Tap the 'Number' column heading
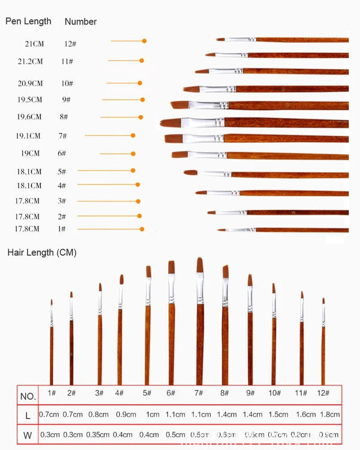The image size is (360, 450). point(80,22)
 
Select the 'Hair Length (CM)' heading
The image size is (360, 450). point(42,253)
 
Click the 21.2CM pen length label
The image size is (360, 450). point(30,61)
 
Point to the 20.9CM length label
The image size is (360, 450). point(30,83)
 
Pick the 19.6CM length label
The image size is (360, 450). point(29,117)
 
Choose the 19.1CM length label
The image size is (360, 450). point(28,136)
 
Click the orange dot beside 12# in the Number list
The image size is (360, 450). point(144,41)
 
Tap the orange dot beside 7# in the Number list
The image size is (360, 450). point(133,136)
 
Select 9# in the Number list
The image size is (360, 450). point(66,100)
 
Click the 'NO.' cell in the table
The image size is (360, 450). point(28,396)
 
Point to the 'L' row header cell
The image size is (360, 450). point(28,415)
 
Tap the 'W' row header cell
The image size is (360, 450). point(28,434)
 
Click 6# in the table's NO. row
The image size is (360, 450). point(171,393)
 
